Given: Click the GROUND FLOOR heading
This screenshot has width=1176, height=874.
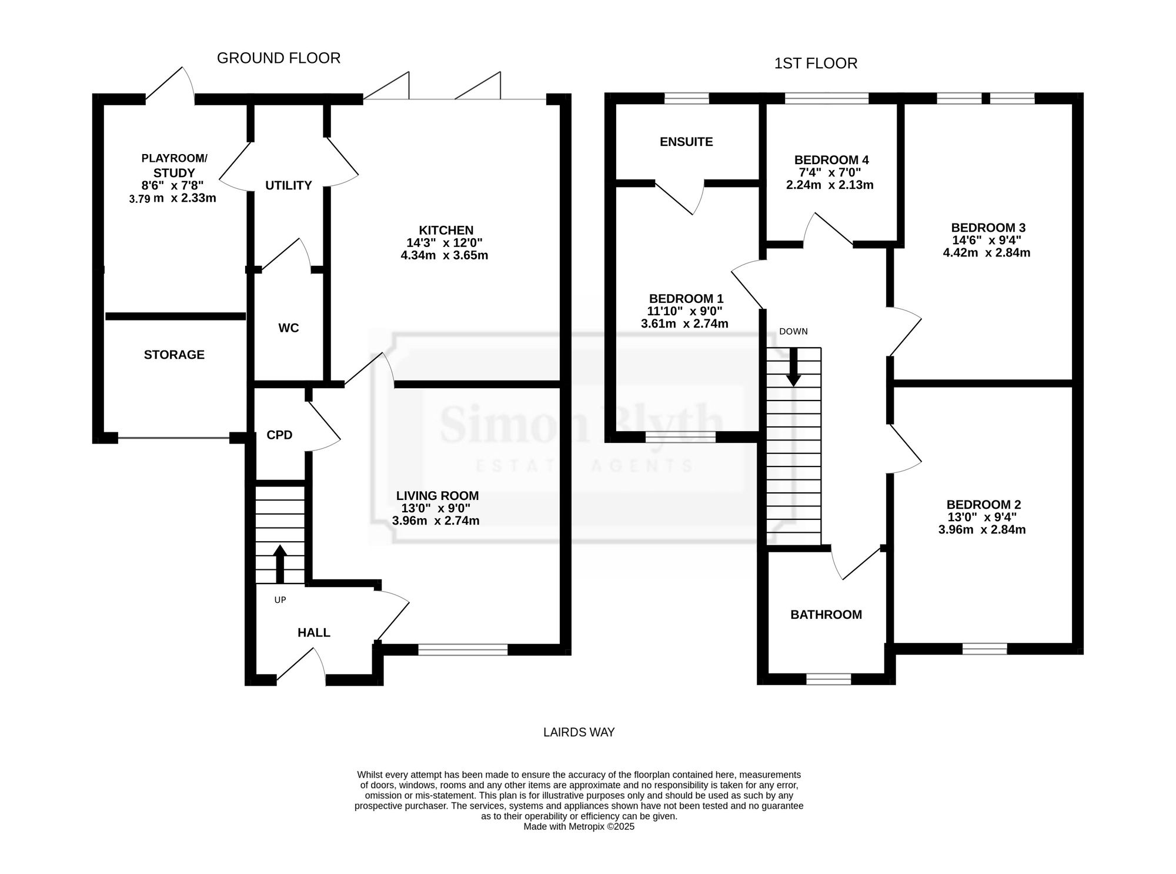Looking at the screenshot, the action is pos(279,58).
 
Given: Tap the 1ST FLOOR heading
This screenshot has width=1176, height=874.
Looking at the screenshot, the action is pos(816,64).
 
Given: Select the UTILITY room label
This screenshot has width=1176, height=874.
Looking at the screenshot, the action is pos(288,185).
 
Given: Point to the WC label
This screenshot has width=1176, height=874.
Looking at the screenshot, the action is pos(288,328).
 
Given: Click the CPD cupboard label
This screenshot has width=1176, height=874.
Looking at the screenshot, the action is pos(279,435).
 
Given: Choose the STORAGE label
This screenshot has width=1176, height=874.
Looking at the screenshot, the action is pos(174,355).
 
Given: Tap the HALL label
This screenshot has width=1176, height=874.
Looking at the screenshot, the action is pos(313,633).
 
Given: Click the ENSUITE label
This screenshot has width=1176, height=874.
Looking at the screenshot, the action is pos(686,142).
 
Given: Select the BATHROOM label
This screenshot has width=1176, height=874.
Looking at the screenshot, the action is pos(826,615).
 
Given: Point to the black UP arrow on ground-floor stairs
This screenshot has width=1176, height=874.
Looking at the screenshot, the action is pos(280,563).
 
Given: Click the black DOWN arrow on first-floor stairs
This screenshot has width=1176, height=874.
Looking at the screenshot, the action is pos(794,367).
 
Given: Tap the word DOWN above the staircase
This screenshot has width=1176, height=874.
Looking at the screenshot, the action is pos(793,332).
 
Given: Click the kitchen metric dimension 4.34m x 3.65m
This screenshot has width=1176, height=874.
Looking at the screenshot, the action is pos(444,256).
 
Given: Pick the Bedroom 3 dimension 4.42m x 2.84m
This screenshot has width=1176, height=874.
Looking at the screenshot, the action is pos(987,253).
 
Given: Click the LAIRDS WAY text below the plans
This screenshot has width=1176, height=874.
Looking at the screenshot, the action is pos(579,732).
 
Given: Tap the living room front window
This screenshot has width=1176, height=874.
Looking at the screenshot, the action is pos(463,649).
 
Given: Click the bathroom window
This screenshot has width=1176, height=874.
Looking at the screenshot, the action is pos(828,679).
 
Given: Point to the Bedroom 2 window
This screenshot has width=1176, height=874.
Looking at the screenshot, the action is pos(985,649).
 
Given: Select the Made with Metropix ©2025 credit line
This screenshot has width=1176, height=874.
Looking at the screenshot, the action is pos(579,826).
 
